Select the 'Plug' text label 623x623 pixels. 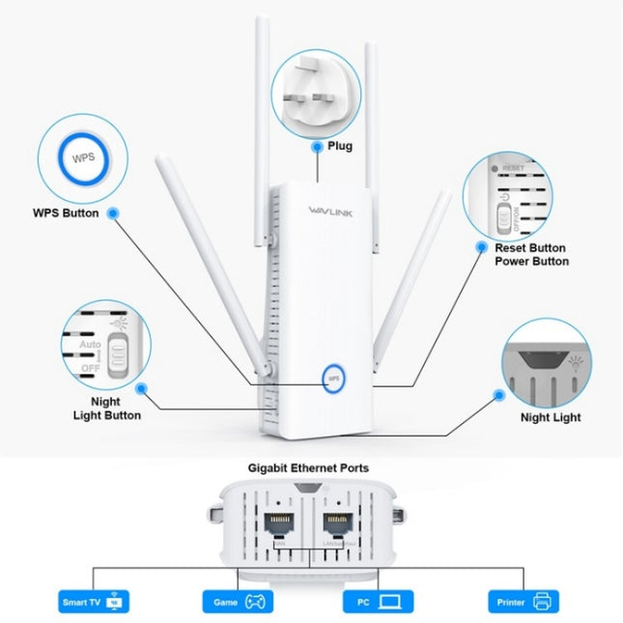339,147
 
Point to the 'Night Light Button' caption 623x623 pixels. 107,408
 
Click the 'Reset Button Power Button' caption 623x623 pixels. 531,254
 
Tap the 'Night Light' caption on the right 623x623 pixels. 551,417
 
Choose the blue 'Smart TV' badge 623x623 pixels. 95,602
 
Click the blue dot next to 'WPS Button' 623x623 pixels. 114,212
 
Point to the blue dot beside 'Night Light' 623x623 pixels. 499,395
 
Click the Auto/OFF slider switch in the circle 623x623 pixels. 118,355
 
